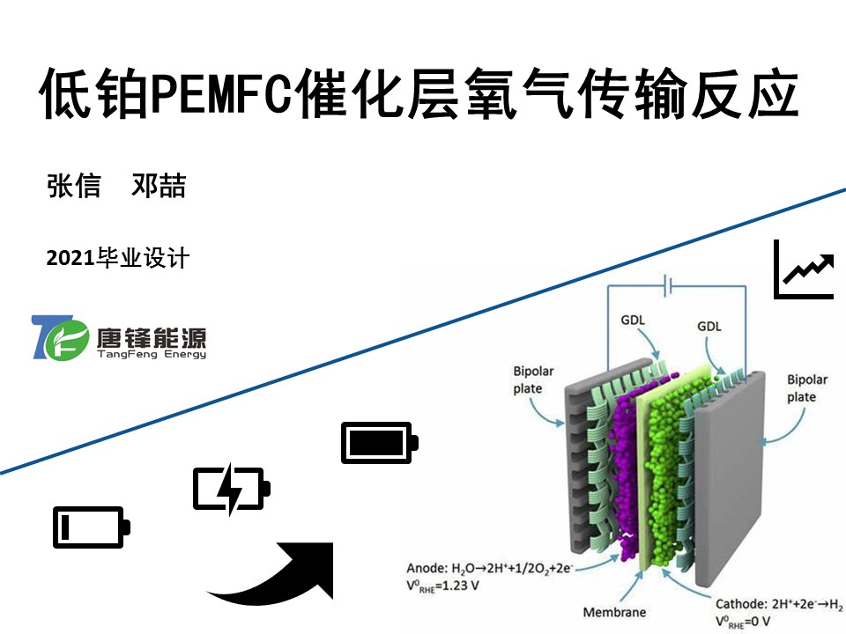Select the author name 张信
point(74,186)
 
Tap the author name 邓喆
point(159,186)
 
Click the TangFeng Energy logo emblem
point(60,337)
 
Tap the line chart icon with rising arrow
point(804,269)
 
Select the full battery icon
point(379,442)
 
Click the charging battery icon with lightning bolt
point(231,489)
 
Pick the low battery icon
point(92,527)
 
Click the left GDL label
point(632,320)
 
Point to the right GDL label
point(709,326)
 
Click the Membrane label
point(614,612)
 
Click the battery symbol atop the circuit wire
point(668,285)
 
